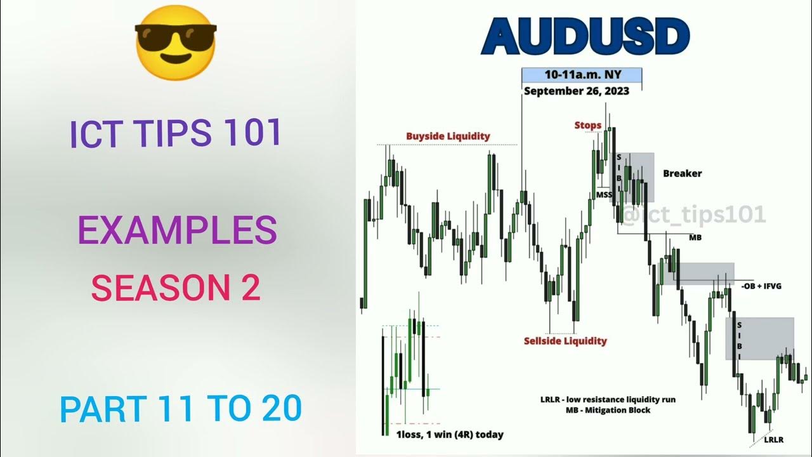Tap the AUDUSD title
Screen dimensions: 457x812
(x=585, y=37)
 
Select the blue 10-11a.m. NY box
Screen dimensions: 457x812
(x=581, y=75)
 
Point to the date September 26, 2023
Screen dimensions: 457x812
(x=576, y=91)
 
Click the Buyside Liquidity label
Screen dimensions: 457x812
(x=448, y=136)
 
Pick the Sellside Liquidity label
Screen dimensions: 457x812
(x=565, y=341)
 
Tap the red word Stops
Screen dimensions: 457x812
(x=587, y=125)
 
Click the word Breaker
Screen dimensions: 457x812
(x=682, y=173)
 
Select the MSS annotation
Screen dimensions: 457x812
(x=604, y=194)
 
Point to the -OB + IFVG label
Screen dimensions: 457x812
(x=761, y=286)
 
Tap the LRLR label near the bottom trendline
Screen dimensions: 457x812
(x=774, y=439)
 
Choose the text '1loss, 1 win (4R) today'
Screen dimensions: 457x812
(x=450, y=435)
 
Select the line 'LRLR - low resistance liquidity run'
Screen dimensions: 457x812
(x=607, y=399)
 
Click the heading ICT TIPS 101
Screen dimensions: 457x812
(x=176, y=134)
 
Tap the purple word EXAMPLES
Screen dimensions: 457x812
(x=177, y=230)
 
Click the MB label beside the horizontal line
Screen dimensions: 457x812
(x=695, y=237)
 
